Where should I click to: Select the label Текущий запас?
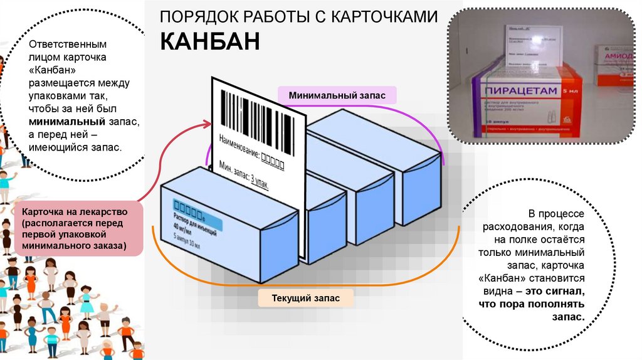[306, 298]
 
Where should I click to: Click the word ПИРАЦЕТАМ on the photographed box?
[520, 92]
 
